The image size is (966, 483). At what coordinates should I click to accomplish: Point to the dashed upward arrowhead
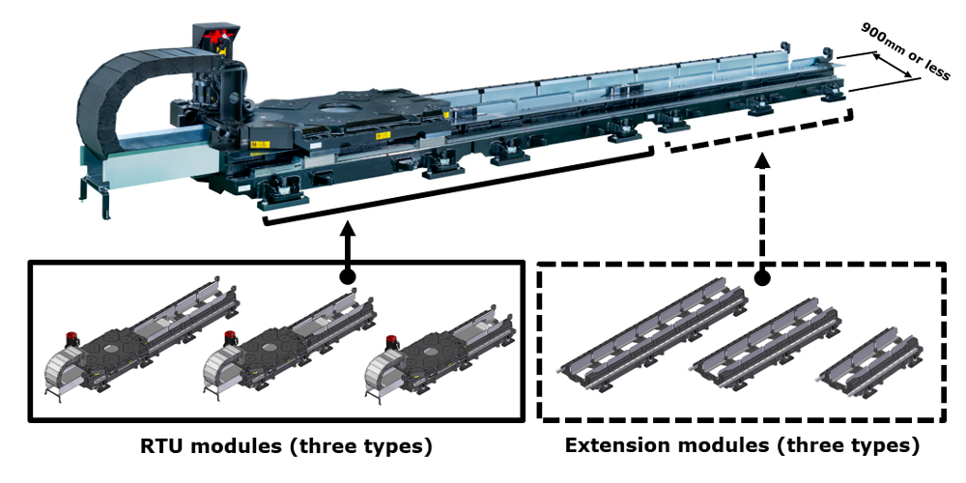click(763, 159)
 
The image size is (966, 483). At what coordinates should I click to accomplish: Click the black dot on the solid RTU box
click(347, 276)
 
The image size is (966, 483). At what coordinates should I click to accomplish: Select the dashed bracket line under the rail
click(758, 136)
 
